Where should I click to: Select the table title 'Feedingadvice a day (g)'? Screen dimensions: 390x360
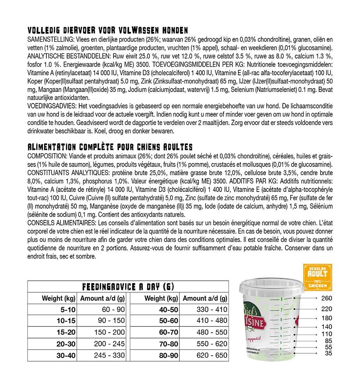[x=128, y=287]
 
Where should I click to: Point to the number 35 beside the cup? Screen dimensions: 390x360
[x=328, y=353]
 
